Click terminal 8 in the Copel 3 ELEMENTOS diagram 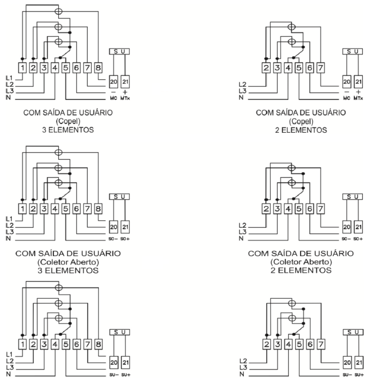click(x=98, y=68)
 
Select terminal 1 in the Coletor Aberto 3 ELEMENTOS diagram click(x=23, y=209)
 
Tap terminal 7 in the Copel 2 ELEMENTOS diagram click(x=321, y=68)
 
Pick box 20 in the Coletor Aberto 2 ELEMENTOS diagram click(x=347, y=227)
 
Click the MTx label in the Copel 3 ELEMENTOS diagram click(x=125, y=98)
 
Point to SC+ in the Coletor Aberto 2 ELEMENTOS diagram click(x=358, y=239)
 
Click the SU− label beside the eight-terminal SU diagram click(x=114, y=375)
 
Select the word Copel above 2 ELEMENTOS click(x=301, y=122)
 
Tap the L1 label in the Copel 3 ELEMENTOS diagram click(x=9, y=78)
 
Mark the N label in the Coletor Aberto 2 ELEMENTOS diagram click(x=241, y=238)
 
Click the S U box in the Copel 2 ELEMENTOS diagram click(x=353, y=51)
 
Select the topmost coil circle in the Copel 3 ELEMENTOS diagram click(x=58, y=11)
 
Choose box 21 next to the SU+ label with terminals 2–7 click(x=359, y=363)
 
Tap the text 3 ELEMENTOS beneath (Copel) click(x=68, y=130)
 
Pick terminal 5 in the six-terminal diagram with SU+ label click(x=299, y=344)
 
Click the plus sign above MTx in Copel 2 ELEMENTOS click(x=358, y=92)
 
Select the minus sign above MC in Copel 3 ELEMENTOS click(x=114, y=92)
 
